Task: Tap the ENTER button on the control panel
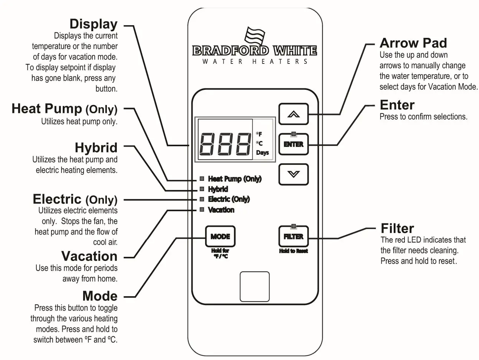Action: point(293,144)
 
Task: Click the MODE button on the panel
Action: point(220,236)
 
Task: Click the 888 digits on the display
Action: point(225,144)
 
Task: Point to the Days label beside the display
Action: point(262,153)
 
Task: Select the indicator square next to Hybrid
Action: point(202,189)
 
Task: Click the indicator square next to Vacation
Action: point(202,210)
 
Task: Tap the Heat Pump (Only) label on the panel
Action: point(234,179)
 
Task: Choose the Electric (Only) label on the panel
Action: point(229,199)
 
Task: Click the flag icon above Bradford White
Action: point(255,36)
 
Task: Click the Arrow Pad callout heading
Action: point(413,43)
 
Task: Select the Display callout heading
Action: point(93,24)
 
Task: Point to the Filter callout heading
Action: point(397,228)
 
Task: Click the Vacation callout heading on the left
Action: point(89,256)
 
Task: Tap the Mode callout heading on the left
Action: point(100,296)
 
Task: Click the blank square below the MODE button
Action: point(255,287)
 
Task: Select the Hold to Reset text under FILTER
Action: point(293,251)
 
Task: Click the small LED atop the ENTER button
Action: point(293,134)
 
